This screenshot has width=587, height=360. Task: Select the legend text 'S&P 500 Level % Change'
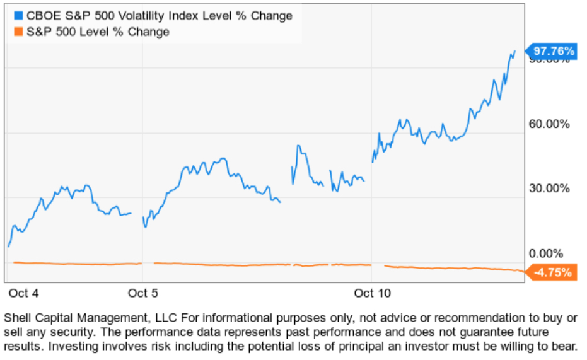98,32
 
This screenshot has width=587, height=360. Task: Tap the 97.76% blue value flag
554,51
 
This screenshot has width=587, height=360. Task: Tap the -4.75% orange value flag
553,273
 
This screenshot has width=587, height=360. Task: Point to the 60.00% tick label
549,124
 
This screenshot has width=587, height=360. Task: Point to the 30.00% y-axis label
549,188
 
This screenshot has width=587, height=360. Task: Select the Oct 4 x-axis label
24,293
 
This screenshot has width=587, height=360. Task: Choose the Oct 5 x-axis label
142,293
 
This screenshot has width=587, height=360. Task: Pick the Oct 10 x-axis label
373,293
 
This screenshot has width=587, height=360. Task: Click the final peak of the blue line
514,52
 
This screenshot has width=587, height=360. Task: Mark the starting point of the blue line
8,246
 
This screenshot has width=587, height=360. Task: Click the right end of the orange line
523,271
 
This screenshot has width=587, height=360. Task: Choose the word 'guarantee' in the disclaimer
485,332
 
